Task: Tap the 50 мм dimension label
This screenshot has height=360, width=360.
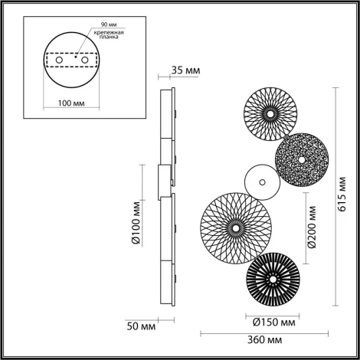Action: (141, 327)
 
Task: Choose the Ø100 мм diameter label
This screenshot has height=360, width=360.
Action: (135, 223)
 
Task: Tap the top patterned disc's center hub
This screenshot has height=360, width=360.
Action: (270, 113)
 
